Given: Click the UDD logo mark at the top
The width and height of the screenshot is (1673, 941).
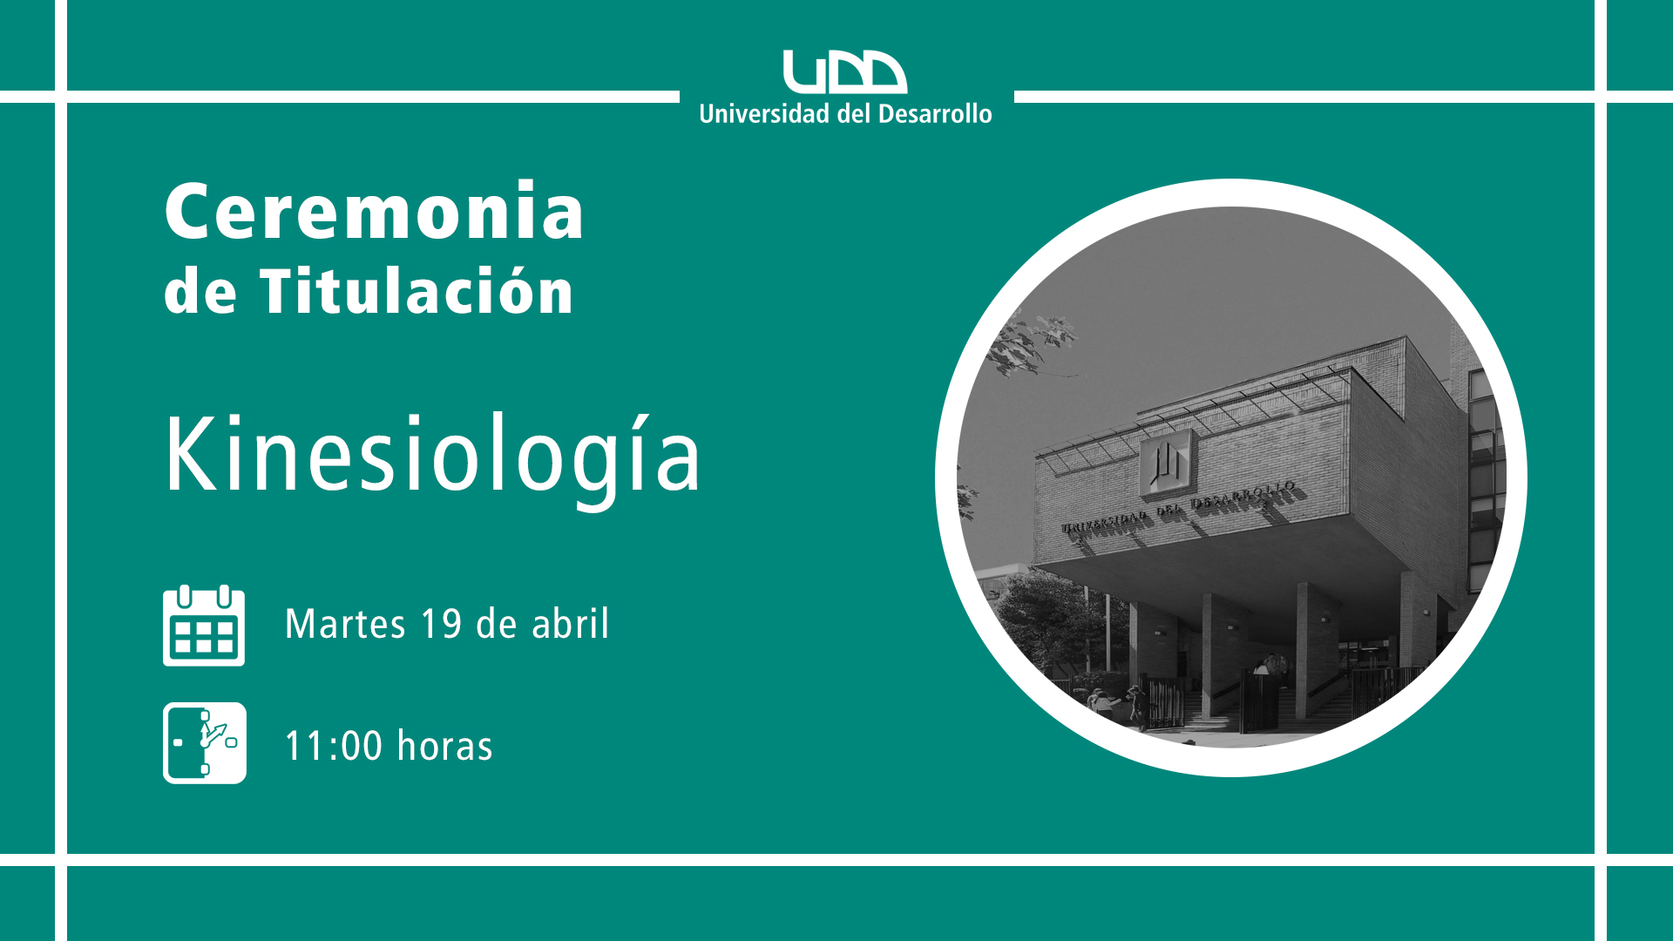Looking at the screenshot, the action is click(x=844, y=71).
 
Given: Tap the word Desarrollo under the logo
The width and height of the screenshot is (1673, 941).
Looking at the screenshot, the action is click(x=935, y=114).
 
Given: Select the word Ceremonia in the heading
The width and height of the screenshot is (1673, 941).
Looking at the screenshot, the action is click(x=375, y=212).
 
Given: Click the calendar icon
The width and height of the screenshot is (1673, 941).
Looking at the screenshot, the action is click(x=204, y=626).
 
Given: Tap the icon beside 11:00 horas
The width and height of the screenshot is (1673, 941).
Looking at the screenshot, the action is click(x=205, y=743).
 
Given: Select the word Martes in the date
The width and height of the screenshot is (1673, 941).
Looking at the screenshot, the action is click(x=345, y=624).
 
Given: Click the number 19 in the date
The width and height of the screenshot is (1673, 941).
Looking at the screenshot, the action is click(x=441, y=624).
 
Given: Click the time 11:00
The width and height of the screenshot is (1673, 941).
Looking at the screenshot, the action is click(x=334, y=747).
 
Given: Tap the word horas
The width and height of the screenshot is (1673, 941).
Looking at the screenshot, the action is click(x=445, y=747).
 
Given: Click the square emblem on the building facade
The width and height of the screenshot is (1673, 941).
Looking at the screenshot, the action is click(x=1166, y=463).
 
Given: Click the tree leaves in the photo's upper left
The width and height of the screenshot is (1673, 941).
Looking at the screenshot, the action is click(x=1033, y=342).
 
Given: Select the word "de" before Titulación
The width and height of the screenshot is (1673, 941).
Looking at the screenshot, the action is click(x=200, y=292).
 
